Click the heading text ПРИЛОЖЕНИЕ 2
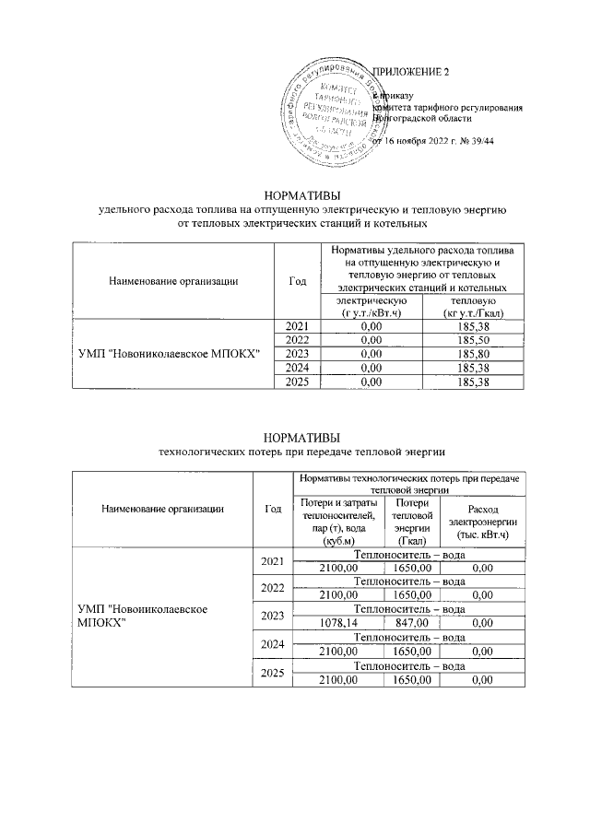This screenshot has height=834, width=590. click(x=410, y=72)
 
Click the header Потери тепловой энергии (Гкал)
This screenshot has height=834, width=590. click(x=412, y=522)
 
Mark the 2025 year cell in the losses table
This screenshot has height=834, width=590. click(x=272, y=674)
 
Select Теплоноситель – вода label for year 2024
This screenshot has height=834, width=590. click(x=409, y=637)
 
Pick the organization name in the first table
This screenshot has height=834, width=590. click(x=172, y=353)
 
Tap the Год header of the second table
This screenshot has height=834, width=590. click(x=272, y=509)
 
